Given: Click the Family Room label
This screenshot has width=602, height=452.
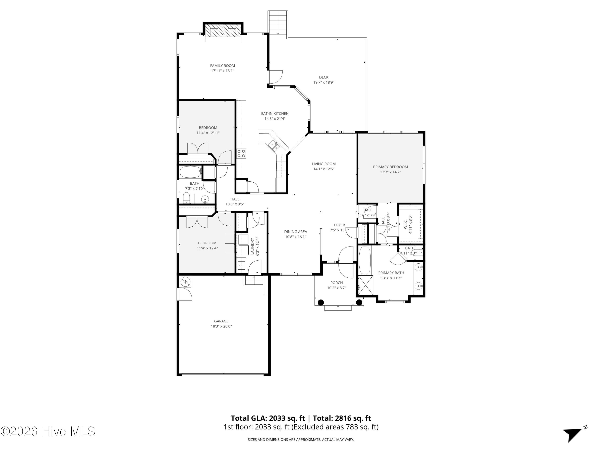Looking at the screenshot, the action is (x=222, y=66).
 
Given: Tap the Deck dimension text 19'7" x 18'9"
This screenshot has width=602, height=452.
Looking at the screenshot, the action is (x=324, y=82).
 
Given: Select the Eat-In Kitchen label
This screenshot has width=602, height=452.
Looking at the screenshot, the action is (x=275, y=114).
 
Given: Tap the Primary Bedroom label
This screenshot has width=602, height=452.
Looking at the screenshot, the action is (x=390, y=167).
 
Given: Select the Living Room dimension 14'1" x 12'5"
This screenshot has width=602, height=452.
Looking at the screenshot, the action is (x=324, y=169).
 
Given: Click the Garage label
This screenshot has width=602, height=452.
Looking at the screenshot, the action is (x=221, y=321).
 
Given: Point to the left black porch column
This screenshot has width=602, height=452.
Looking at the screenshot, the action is (x=321, y=302).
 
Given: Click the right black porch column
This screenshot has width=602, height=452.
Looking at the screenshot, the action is (x=359, y=302).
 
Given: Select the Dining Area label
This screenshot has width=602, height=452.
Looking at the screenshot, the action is (x=296, y=232).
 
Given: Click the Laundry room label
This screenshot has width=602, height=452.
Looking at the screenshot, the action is (x=252, y=246).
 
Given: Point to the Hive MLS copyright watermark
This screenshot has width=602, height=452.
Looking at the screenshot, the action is (x=48, y=431).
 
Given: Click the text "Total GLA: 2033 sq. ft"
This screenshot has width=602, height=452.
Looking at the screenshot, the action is (x=268, y=418).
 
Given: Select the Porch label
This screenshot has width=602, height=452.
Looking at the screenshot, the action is (x=337, y=283).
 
